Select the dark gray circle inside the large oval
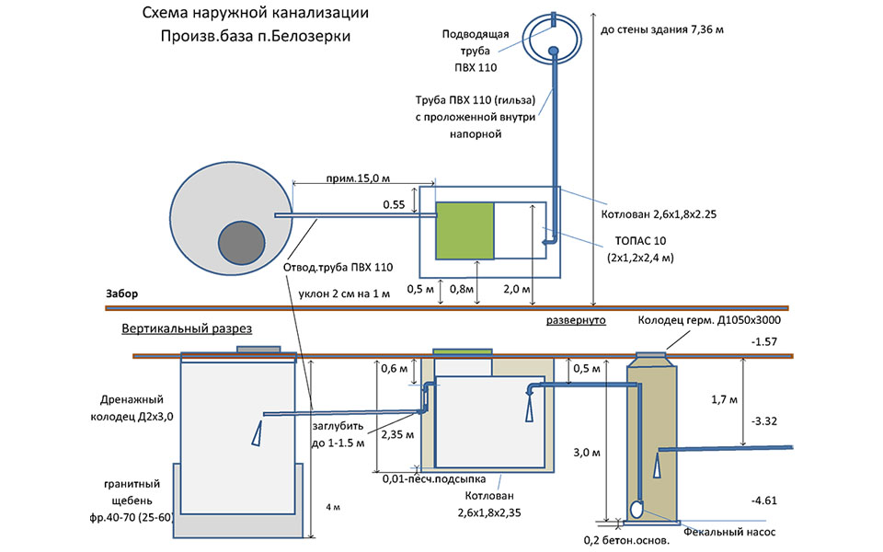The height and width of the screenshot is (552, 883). (241, 245)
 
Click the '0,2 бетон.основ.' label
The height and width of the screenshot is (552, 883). (626, 541)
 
